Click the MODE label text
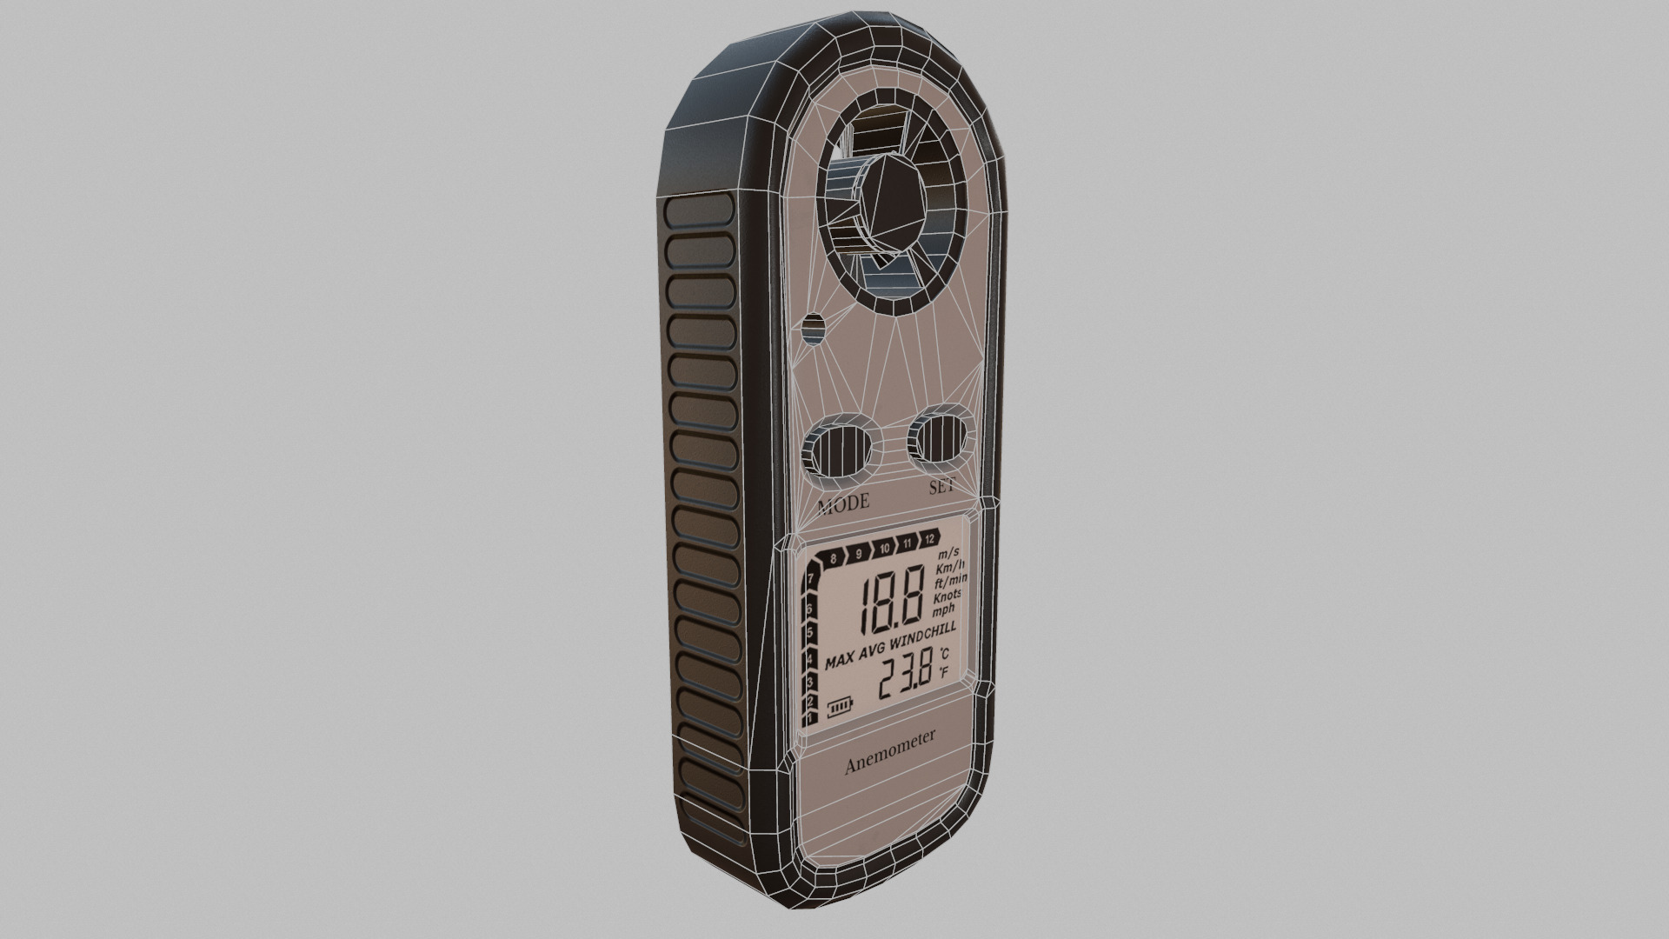(x=843, y=503)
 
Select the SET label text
(x=941, y=487)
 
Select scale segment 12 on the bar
(x=929, y=539)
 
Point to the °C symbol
(x=944, y=654)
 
